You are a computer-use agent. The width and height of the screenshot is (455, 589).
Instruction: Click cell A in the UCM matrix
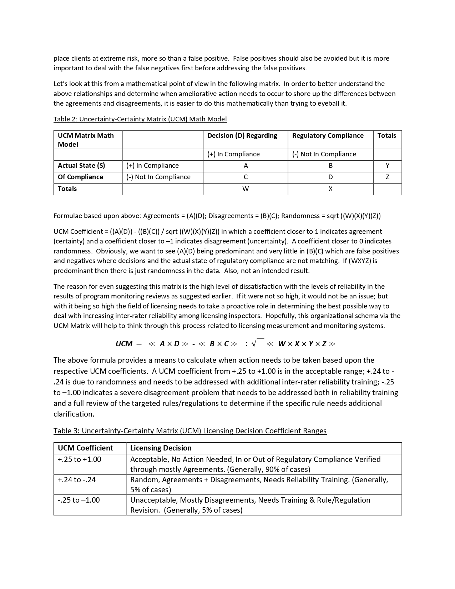[246, 166]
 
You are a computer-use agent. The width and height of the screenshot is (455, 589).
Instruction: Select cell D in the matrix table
[330, 177]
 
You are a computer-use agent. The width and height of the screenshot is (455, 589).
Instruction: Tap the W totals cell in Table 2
[246, 189]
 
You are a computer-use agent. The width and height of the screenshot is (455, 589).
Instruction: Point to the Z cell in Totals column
[387, 177]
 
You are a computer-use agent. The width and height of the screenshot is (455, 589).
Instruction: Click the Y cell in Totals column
[387, 166]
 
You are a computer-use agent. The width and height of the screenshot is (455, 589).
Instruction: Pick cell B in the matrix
[330, 166]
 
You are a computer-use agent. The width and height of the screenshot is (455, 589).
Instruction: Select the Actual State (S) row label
[81, 166]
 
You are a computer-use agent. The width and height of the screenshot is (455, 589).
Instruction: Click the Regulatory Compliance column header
[328, 136]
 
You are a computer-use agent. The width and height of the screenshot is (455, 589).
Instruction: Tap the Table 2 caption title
[140, 119]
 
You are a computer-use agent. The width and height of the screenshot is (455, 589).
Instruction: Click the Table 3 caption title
[190, 431]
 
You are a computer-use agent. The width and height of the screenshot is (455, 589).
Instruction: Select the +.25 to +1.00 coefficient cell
[80, 459]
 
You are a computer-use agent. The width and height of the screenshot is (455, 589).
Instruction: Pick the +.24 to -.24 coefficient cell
[77, 480]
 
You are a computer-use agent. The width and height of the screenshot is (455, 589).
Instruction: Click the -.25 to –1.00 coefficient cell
[79, 500]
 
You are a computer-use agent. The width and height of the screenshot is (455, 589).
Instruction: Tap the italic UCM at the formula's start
[124, 344]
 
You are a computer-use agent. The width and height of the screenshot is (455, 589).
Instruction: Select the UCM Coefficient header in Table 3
[85, 448]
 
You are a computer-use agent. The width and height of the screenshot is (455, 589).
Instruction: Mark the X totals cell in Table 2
[330, 189]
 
